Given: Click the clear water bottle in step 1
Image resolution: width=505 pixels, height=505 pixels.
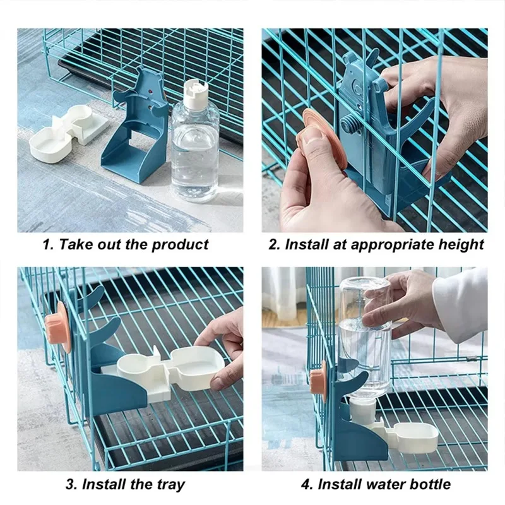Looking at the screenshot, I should pos(195,151).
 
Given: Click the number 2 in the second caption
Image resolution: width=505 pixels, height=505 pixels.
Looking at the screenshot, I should pos(273,244).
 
